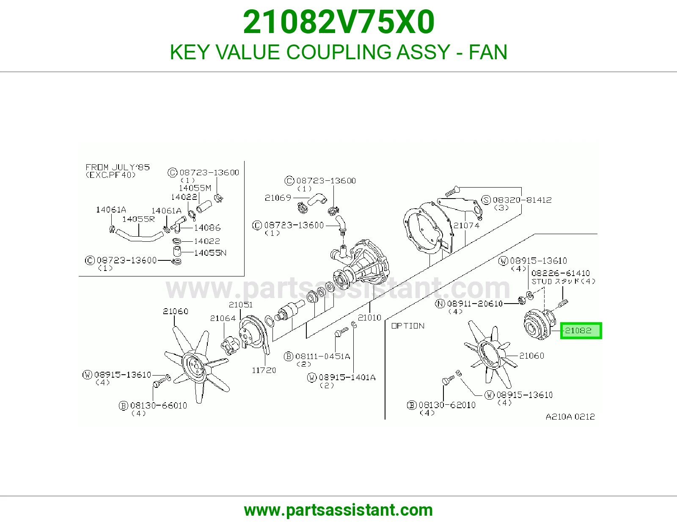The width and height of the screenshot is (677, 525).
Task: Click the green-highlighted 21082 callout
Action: [x=581, y=331]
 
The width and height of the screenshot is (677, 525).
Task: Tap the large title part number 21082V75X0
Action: [x=338, y=22]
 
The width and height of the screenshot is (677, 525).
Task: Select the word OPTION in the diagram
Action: [x=408, y=326]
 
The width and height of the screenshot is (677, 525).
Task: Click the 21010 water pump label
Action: [x=369, y=318]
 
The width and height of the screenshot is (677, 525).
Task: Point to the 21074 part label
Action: [x=466, y=225]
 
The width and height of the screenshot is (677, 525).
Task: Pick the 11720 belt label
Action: [x=264, y=370]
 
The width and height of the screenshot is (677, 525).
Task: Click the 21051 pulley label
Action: [x=240, y=304]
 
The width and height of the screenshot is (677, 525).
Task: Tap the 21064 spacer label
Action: [x=223, y=318]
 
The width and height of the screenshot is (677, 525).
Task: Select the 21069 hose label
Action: [x=278, y=198]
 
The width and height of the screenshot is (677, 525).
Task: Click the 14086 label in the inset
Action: [x=207, y=228]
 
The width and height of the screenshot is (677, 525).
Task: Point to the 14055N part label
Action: [x=210, y=252]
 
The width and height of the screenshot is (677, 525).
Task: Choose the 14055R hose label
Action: [x=138, y=219]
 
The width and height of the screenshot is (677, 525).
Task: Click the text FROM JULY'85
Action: [x=118, y=167]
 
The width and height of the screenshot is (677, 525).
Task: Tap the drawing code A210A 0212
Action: [x=570, y=417]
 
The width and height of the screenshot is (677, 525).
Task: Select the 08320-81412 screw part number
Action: [x=522, y=200]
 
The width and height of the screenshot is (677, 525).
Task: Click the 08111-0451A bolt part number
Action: [x=323, y=356]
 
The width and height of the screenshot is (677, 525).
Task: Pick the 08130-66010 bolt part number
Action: [x=159, y=405]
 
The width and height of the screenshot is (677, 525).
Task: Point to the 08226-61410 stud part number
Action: [x=561, y=273]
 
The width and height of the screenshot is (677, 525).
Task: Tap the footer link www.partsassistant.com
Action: [x=338, y=510]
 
